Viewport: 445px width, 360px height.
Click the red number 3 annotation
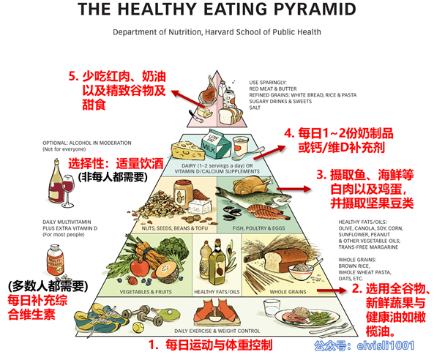tap(321, 175)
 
